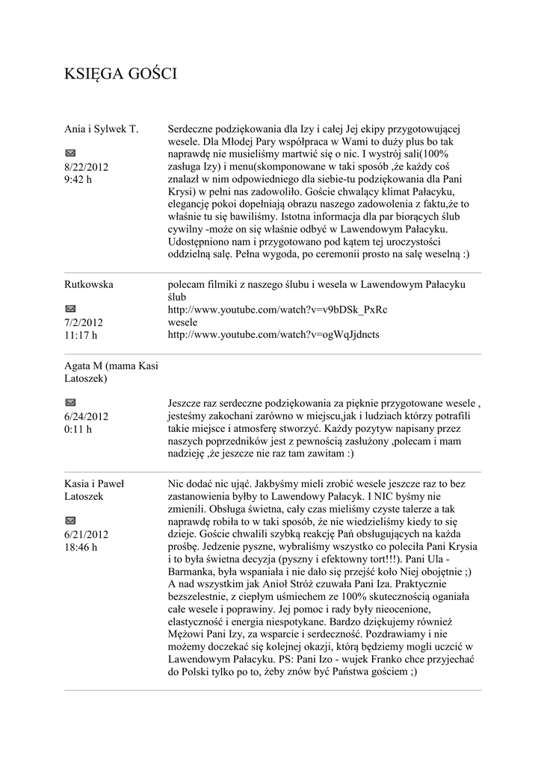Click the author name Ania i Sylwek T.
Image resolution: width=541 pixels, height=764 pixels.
click(101, 129)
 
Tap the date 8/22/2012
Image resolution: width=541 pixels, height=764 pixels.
click(87, 167)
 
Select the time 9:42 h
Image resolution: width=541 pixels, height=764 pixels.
click(78, 180)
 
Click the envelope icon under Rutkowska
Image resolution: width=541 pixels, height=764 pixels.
click(70, 308)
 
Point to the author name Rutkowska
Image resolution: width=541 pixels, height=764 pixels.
click(90, 284)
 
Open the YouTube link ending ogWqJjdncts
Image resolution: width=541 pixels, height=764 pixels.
click(273, 334)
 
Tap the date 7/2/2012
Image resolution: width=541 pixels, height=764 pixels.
click(84, 322)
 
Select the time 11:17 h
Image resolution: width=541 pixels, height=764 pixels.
click(81, 335)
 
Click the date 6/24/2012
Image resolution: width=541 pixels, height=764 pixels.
click(87, 416)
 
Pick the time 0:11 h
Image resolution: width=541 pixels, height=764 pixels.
click(78, 429)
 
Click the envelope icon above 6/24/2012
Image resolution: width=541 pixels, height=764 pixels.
click(70, 403)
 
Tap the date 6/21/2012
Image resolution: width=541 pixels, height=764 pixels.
click(87, 534)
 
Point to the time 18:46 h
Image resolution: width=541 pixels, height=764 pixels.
click(81, 547)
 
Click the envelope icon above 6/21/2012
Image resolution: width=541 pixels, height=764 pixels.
click(70, 520)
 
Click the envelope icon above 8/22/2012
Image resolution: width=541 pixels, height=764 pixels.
click(70, 153)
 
